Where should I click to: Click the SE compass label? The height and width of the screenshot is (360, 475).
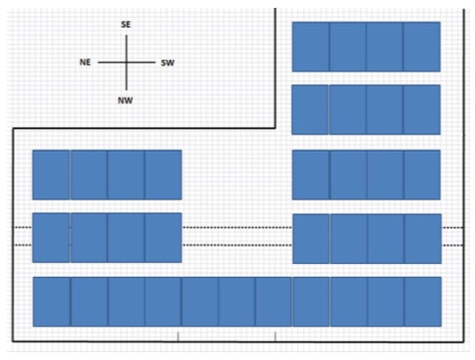(x=126, y=24)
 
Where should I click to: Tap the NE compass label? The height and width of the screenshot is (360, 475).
(x=85, y=63)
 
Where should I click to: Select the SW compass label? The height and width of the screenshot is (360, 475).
(x=167, y=63)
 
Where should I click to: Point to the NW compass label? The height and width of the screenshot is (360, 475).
(x=125, y=101)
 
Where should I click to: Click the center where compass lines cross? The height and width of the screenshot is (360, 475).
(x=126, y=63)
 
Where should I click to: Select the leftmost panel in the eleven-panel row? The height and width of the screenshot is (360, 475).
(x=52, y=301)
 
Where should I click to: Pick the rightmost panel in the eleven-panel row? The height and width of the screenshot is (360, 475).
(x=423, y=301)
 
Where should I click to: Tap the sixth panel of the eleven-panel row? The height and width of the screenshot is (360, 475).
(x=237, y=301)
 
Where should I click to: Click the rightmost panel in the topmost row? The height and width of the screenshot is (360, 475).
(x=422, y=47)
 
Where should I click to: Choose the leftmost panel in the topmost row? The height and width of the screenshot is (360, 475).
(x=311, y=47)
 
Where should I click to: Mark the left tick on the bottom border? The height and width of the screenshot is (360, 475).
(x=178, y=337)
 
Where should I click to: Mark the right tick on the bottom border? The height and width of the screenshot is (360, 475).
(x=276, y=337)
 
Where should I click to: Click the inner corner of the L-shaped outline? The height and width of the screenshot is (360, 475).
(x=276, y=128)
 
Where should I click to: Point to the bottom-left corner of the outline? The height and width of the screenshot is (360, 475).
(x=13, y=341)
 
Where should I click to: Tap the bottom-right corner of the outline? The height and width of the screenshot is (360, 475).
(x=463, y=342)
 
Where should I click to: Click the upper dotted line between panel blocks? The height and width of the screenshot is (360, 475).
(x=237, y=227)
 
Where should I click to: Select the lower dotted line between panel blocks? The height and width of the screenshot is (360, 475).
(x=237, y=245)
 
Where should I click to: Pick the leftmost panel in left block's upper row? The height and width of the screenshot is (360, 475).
(x=51, y=175)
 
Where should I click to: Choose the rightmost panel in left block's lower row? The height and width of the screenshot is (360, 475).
(x=163, y=238)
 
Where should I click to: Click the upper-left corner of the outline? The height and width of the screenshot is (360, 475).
(x=14, y=129)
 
